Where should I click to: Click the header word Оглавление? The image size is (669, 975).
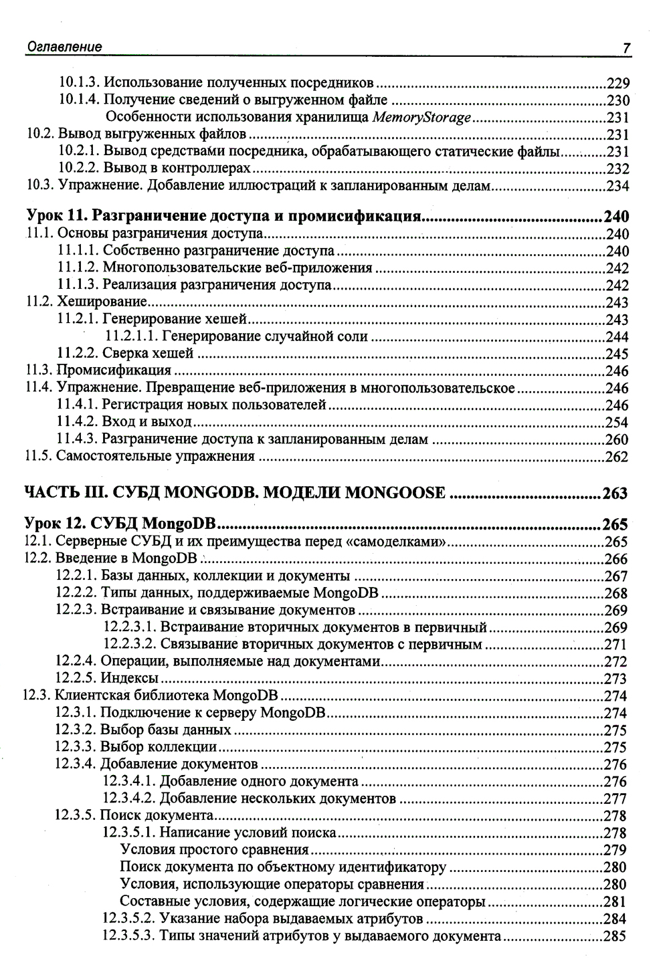pyautogui.click(x=64, y=47)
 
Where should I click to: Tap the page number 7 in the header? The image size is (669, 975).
pyautogui.click(x=626, y=48)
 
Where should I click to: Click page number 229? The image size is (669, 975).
pyautogui.click(x=617, y=84)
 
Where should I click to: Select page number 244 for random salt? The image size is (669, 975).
pyautogui.click(x=617, y=336)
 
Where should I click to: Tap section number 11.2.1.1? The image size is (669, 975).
pyautogui.click(x=131, y=336)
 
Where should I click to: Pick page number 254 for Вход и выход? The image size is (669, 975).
pyautogui.click(x=617, y=422)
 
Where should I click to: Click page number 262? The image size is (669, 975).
pyautogui.click(x=617, y=457)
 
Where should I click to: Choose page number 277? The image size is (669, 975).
pyautogui.click(x=615, y=799)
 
